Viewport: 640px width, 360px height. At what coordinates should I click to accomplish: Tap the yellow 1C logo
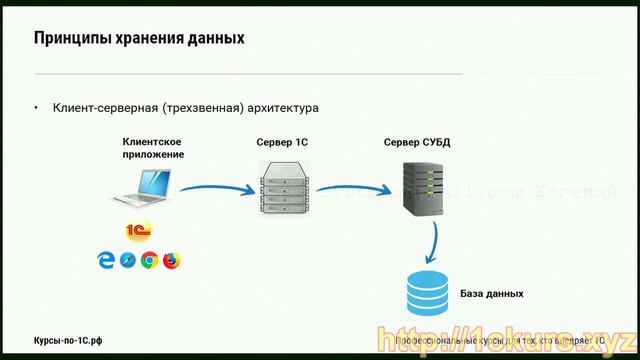(139, 233)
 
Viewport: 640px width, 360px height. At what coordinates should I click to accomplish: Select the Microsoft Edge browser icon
(105, 260)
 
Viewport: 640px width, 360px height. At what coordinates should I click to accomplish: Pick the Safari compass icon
(127, 260)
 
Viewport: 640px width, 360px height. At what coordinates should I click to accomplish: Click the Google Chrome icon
(149, 260)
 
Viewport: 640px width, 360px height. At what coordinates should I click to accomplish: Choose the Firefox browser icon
(171, 260)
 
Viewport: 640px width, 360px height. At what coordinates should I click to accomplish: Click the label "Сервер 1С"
(281, 143)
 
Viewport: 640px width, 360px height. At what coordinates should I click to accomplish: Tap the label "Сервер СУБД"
(417, 143)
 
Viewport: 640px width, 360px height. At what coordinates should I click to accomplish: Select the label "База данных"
(492, 294)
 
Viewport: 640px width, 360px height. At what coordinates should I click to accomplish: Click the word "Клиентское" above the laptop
(153, 142)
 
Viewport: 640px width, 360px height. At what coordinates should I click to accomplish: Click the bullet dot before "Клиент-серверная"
(36, 107)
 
